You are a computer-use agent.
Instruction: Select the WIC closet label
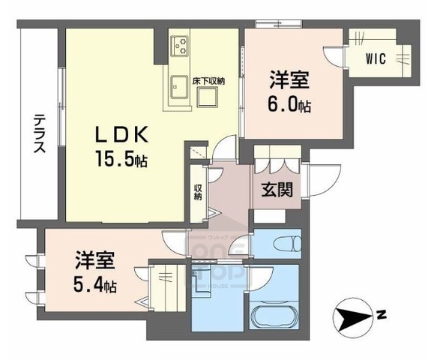376,58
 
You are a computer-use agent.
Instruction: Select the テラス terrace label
38,133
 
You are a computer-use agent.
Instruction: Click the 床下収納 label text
207,79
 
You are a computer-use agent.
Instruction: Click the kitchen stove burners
181,46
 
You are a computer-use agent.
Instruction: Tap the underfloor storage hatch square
207,96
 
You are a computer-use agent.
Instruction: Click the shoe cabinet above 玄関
277,160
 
